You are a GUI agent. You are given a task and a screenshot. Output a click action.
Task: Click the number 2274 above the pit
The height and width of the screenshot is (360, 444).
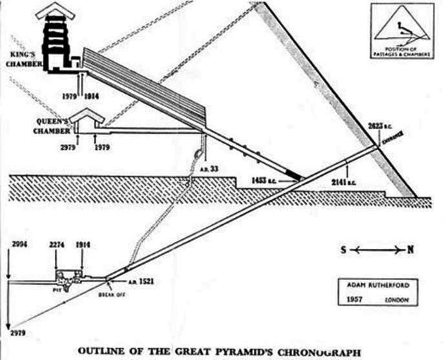(x=58, y=246)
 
